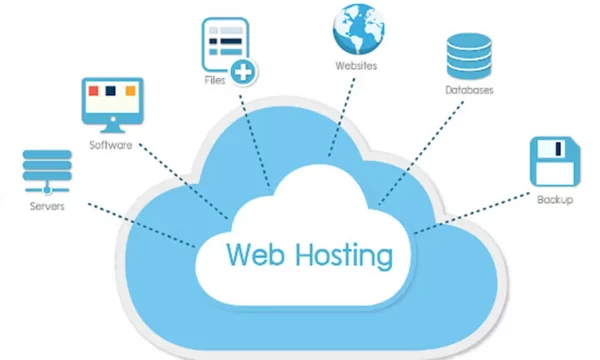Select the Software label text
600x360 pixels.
110,145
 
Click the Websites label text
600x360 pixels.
356,66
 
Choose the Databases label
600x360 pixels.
469,91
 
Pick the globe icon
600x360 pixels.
357,29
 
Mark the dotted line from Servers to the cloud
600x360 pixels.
140,223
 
